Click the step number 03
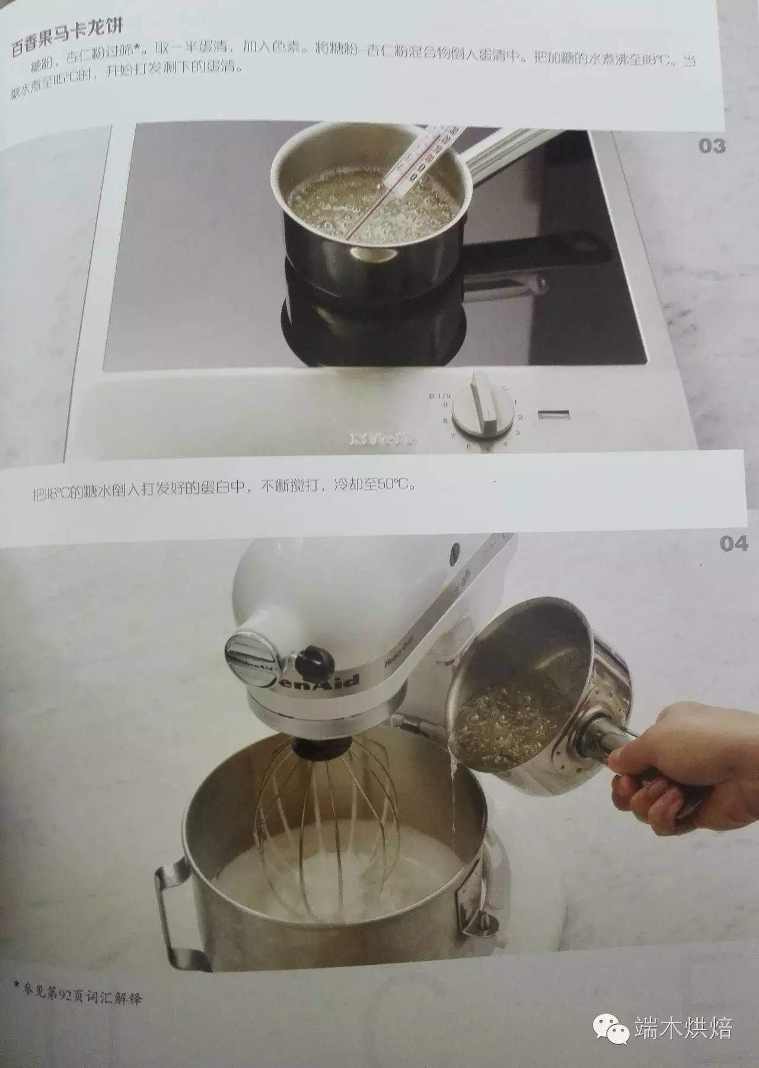click(x=712, y=145)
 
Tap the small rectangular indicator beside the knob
click(x=554, y=415)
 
